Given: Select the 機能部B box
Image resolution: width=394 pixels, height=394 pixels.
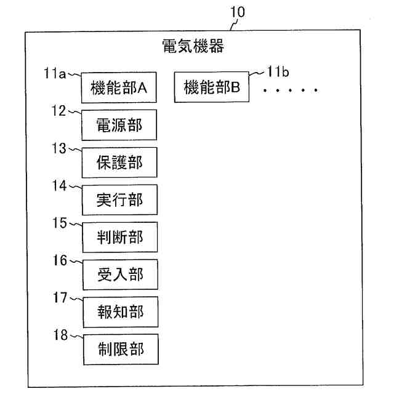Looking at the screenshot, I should [212, 88].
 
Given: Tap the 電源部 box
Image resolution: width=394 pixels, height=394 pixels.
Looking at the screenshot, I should [119, 126].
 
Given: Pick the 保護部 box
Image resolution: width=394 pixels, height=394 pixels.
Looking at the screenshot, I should [119, 163].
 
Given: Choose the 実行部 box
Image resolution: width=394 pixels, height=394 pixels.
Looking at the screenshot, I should [119, 200].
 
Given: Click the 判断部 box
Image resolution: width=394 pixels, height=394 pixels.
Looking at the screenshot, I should [119, 237].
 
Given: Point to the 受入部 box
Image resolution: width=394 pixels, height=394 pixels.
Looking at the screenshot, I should [119, 274].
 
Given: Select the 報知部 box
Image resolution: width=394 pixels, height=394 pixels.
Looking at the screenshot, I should [119, 312].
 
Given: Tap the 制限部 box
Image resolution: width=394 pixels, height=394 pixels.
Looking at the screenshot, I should [119, 349].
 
